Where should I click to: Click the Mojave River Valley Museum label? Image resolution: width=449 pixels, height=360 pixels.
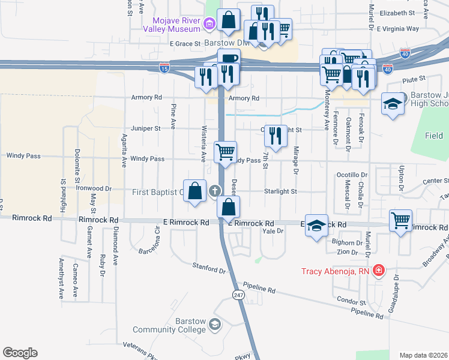point(171,24)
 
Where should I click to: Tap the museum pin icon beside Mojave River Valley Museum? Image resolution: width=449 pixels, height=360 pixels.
point(209,25)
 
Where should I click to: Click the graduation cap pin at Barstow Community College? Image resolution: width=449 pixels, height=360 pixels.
point(215,325)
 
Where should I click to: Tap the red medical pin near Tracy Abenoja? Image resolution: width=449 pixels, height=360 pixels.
point(378,271)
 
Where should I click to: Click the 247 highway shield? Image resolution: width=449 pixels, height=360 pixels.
point(238,293)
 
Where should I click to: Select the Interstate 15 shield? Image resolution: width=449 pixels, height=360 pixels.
point(164,69)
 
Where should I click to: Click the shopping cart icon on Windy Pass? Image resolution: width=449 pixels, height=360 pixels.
point(226,152)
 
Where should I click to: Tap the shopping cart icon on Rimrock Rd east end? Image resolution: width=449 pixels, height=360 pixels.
point(400,220)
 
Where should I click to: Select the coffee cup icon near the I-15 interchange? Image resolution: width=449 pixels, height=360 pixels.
point(228,59)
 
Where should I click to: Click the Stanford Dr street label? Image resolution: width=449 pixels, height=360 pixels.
point(208,268)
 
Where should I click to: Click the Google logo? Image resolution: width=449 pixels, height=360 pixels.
point(20,353)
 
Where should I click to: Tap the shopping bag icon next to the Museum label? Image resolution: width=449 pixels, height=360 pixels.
point(229,20)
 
